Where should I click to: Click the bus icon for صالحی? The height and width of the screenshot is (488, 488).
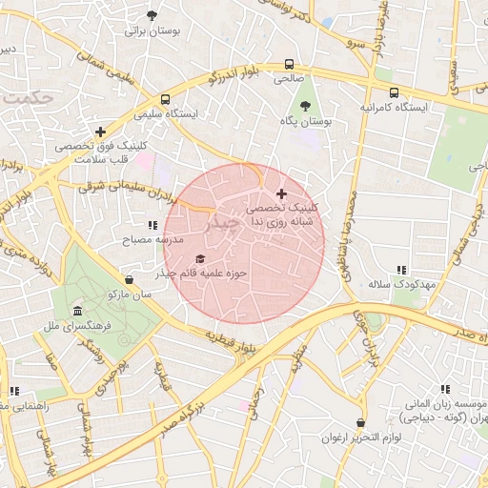coord(289,65)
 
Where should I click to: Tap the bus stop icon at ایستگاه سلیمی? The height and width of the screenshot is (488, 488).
coord(167,98)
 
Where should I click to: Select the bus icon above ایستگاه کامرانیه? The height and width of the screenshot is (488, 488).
coord(394,92)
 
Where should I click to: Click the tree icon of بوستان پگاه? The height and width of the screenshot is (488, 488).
coord(305,106)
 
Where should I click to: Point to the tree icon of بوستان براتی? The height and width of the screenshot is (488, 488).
coord(152,15)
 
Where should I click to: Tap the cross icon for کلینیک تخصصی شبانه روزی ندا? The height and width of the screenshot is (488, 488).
coord(281,193)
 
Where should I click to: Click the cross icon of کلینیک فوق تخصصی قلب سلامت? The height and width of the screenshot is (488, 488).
coord(101,132)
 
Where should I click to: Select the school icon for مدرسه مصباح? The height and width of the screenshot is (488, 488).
coord(152,226)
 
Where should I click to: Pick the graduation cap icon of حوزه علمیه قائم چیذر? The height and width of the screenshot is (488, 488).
coord(200,258)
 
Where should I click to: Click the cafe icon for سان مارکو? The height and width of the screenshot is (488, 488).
coord(130,279)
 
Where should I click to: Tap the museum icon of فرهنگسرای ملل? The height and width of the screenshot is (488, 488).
coord(77,311)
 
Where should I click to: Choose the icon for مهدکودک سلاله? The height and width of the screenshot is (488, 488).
coord(401,270)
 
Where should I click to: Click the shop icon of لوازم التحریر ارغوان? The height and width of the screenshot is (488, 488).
coord(360,422)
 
